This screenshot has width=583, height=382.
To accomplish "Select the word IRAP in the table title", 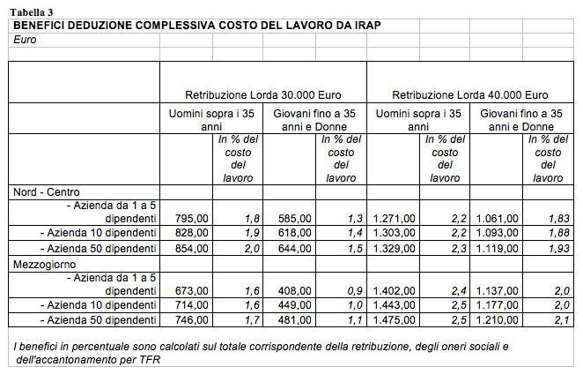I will coord(366,25).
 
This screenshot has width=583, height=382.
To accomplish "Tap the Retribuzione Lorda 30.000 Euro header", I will coord(262,94).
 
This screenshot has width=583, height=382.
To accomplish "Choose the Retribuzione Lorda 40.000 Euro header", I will coord(469,94).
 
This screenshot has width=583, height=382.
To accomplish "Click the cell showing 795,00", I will coord(191,218).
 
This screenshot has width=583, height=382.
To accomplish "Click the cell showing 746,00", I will coord(191,320).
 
